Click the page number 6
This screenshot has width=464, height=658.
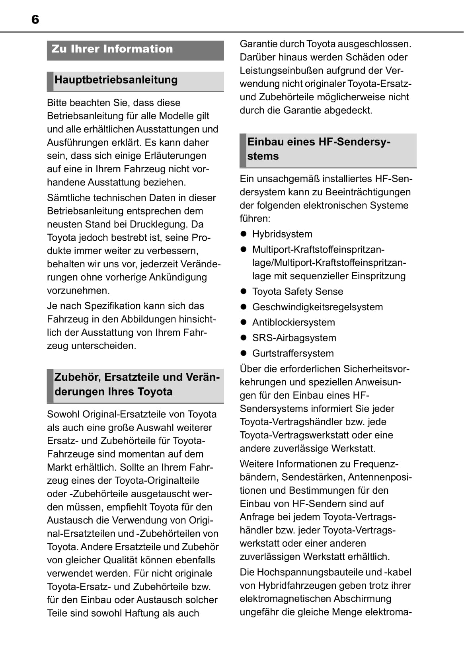35,19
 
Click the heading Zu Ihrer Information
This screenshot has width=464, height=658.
112,49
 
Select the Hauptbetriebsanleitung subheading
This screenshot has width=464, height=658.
116,80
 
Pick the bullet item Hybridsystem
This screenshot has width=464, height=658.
282,234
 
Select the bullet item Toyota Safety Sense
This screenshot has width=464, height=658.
298,292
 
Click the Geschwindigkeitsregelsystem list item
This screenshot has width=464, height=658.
318,307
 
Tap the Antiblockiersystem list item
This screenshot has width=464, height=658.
294,322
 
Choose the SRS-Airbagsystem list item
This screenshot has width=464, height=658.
294,338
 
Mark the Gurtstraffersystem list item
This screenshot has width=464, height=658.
293,353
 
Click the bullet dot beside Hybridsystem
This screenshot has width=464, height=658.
244,234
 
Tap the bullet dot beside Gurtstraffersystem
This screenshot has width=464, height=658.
244,353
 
